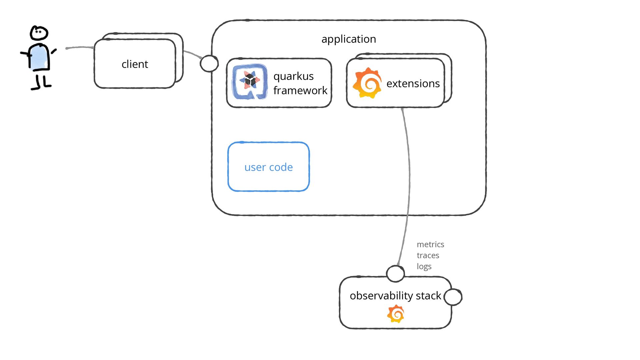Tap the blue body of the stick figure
point(39,57)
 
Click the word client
point(135,64)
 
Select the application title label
point(349,39)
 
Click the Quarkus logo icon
point(250,82)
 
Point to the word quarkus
point(293,76)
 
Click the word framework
point(300,90)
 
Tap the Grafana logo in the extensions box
point(367,83)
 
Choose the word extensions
point(413,83)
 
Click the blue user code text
point(268,167)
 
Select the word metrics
point(430,244)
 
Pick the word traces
point(428,255)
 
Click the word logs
point(424,267)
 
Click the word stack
point(428,296)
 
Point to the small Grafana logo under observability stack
point(396,314)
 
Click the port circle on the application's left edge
point(209,63)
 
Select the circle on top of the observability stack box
point(395,274)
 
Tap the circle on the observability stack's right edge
point(453,297)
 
